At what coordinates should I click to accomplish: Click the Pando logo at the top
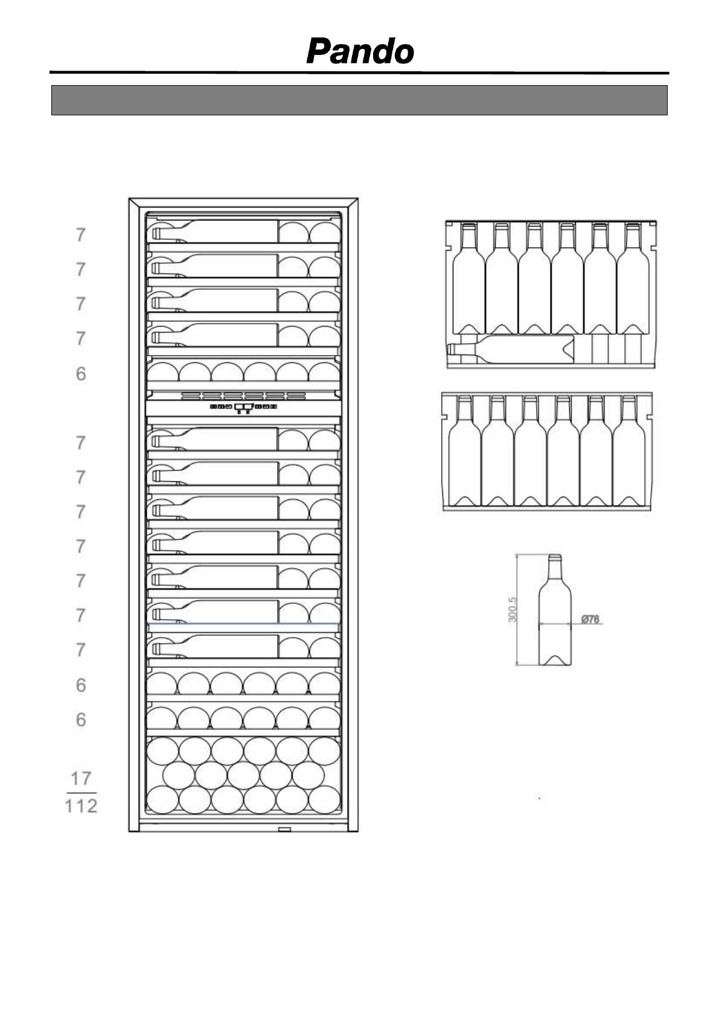point(360,52)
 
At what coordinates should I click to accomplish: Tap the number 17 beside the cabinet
point(81,777)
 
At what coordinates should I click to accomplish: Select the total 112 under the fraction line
point(81,806)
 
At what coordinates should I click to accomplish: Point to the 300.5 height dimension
point(513,610)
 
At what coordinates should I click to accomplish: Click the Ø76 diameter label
point(590,619)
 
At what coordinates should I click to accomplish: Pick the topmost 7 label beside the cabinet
point(80,235)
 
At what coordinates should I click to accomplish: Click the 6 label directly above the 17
point(80,720)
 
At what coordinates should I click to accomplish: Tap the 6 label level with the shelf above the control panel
point(80,374)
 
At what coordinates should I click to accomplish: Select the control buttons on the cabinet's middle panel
point(243,407)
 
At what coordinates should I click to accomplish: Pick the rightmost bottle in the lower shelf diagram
point(628,450)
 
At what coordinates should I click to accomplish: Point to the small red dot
point(539,798)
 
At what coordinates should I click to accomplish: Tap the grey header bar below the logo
point(359,100)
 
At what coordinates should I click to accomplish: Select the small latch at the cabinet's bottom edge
point(284,829)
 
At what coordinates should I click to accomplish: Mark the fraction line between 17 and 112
point(81,792)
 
